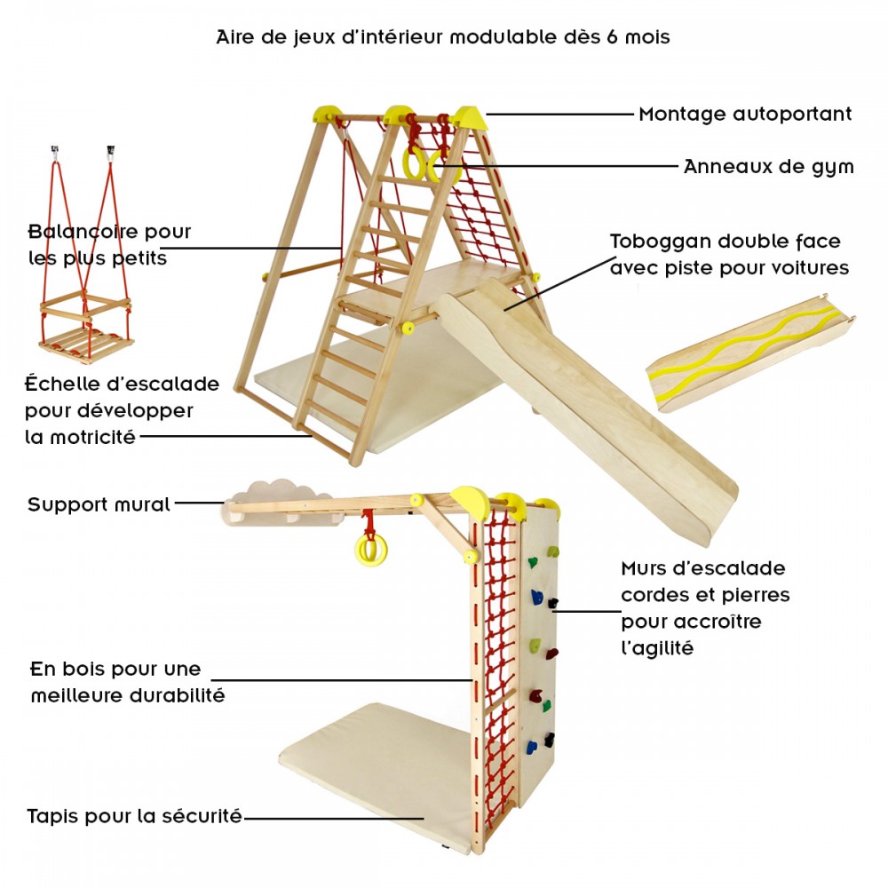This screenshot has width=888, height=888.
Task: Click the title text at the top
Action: [443, 37]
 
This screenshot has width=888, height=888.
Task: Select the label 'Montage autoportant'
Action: [745, 114]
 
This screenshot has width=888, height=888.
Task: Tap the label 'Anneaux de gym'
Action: [768, 167]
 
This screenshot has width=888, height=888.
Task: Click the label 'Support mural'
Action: [99, 504]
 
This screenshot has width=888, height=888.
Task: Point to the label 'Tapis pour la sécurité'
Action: [135, 816]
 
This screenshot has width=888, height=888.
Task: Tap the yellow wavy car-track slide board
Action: [750, 353]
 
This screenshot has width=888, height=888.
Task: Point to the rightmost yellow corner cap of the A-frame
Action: [470, 117]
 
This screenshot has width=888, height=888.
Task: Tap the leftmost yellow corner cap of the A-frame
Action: [328, 114]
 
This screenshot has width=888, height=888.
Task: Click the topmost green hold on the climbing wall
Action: [552, 551]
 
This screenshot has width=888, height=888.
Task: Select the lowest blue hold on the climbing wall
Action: [531, 748]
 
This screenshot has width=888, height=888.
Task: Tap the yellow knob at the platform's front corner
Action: [408, 328]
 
